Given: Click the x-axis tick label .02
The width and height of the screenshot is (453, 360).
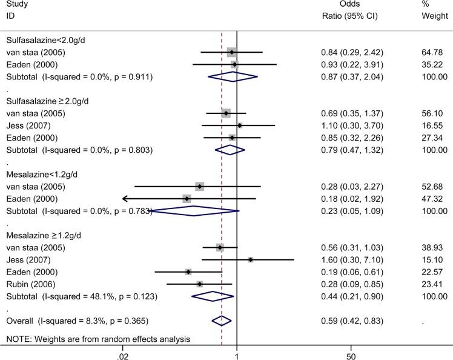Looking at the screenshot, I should pos(123,354).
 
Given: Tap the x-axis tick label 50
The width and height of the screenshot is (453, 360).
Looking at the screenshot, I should pos(351,354).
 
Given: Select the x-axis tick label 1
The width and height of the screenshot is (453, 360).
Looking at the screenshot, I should pos(237,354).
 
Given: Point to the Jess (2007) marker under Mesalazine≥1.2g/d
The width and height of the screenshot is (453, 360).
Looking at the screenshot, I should pos(250,259).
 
